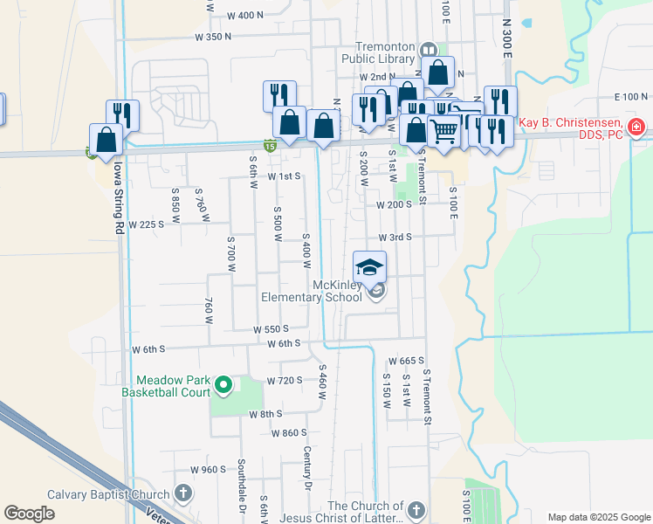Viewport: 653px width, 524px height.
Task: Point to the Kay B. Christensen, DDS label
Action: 571,128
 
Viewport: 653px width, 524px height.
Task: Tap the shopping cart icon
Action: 444,132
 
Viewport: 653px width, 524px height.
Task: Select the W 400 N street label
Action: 244,15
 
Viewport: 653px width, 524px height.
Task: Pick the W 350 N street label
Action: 213,37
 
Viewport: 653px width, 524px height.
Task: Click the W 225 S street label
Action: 147,224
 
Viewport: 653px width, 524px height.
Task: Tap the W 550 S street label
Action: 271,329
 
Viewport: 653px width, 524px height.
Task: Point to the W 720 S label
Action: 285,380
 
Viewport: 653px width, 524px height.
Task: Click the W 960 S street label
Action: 209,470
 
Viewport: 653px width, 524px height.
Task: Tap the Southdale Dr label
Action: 241,496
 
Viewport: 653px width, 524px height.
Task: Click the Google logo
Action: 30,514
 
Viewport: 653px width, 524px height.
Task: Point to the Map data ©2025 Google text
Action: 598,517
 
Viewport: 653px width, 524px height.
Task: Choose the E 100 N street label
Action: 631,96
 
